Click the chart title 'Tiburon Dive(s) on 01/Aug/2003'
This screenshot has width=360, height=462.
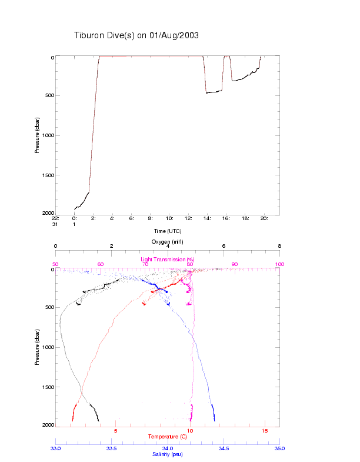136,35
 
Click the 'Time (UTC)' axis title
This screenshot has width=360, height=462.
168,231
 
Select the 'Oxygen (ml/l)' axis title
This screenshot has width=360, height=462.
168,242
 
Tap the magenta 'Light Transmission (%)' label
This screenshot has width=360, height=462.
168,260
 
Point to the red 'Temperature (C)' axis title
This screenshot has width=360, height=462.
168,437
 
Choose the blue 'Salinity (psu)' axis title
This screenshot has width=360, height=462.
168,454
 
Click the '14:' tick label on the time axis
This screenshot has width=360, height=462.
207,218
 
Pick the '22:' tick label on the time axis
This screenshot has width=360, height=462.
55,218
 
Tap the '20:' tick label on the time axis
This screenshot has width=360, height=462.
264,218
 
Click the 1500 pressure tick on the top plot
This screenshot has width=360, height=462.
46,175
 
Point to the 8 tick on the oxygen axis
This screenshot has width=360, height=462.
279,247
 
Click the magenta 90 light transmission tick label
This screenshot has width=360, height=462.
235,264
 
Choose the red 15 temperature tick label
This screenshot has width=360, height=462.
265,431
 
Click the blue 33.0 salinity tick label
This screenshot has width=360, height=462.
56,448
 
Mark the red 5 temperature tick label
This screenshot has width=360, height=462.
116,431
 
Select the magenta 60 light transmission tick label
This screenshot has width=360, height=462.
101,264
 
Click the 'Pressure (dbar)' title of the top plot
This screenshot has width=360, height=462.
37,135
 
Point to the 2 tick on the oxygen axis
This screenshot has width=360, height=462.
112,247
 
